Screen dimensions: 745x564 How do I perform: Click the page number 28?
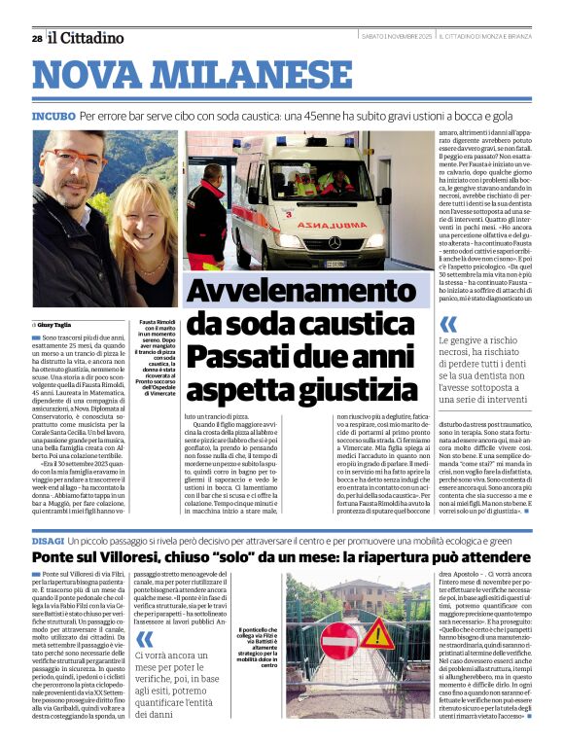pos(37,38)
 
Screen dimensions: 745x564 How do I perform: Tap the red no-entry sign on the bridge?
pos(339,643)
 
